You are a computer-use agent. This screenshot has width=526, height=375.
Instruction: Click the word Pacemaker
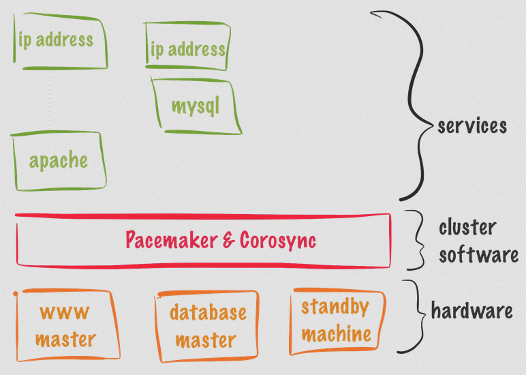pyautogui.click(x=172, y=240)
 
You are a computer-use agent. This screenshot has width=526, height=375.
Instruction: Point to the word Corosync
pyautogui.click(x=278, y=241)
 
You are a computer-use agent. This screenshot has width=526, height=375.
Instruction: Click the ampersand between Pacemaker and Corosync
pyautogui.click(x=229, y=241)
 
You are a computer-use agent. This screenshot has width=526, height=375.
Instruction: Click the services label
pyautogui.click(x=472, y=126)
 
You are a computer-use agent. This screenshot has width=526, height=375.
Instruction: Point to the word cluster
pyautogui.click(x=467, y=227)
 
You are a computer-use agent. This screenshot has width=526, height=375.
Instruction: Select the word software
pyautogui.click(x=479, y=255)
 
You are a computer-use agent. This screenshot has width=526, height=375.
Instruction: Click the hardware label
pyautogui.click(x=471, y=310)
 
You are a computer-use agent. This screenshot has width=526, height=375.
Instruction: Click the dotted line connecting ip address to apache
pyautogui.click(x=50, y=101)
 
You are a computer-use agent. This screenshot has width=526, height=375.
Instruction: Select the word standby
pyautogui.click(x=335, y=307)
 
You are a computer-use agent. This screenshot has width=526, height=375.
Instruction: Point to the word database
pyautogui.click(x=208, y=312)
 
